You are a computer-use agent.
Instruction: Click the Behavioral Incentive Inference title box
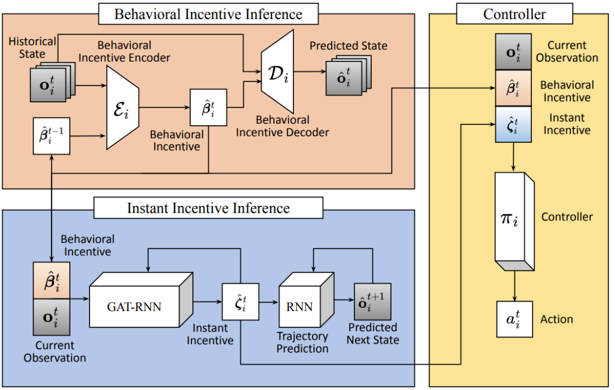208,14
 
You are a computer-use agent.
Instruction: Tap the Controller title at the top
514,14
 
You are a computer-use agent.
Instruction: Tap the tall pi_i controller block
513,217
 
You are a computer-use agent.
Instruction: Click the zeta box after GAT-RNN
240,302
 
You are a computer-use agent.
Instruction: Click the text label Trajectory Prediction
303,342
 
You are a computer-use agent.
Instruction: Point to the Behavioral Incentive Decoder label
282,126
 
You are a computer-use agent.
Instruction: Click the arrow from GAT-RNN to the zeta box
208,302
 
